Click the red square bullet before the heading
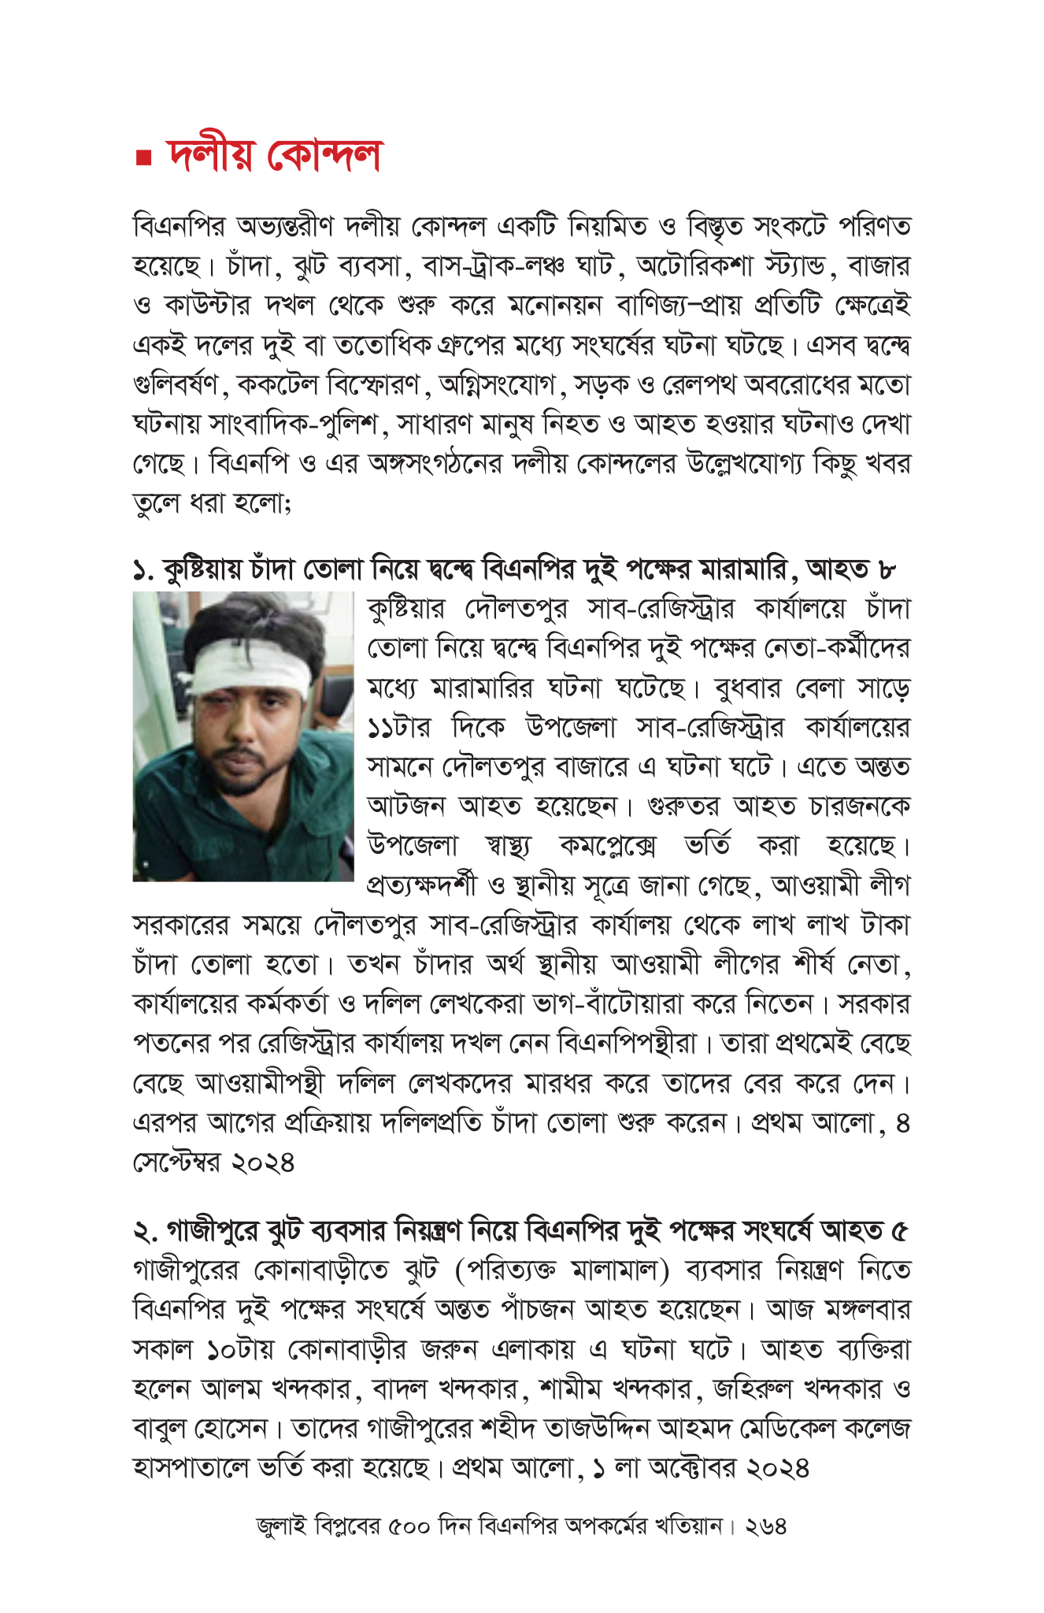tap(143, 158)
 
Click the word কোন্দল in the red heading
tap(324, 155)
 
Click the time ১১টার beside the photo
tap(399, 727)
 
